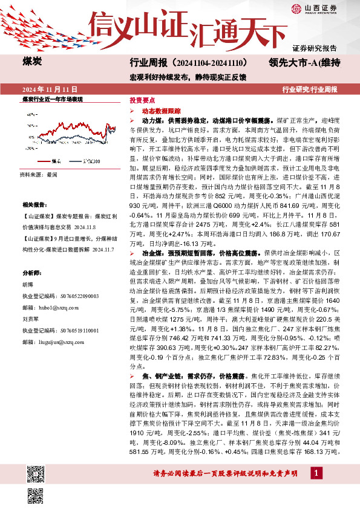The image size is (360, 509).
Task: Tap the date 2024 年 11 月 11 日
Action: (43, 89)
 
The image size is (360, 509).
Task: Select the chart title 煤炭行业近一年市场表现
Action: (52, 98)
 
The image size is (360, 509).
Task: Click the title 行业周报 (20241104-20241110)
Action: (188, 62)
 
